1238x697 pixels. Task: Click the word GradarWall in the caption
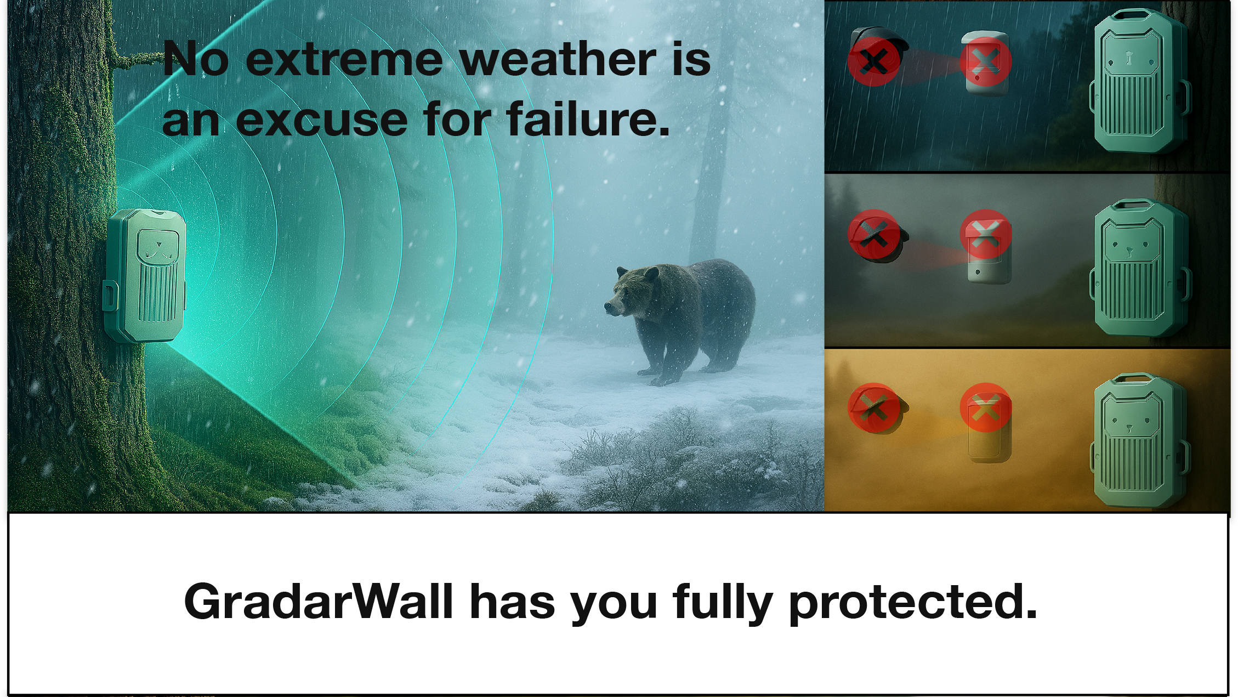319,602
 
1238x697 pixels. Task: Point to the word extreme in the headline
344,60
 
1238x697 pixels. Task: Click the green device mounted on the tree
145,275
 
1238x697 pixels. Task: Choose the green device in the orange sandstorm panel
1139,440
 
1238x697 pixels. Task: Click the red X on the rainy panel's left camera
874,60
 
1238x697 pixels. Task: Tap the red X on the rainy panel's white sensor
986,61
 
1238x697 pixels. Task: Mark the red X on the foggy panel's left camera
874,234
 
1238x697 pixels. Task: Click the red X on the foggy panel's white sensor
986,234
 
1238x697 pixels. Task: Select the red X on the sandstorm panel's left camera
874,408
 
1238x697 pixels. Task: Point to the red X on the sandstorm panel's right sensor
986,407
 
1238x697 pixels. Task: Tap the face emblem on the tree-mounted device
158,246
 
